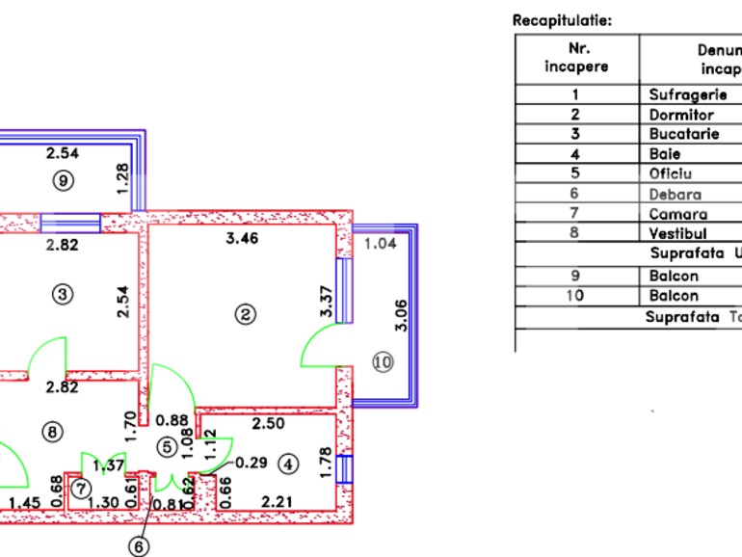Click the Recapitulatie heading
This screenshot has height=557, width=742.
pos(562,19)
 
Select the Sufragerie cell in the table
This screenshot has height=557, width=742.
pos(682,94)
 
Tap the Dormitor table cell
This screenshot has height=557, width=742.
pos(681,115)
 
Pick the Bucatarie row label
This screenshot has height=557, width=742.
pos(684,134)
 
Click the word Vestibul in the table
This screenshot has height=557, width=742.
pos(678,233)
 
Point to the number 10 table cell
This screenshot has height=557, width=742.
pos(575,296)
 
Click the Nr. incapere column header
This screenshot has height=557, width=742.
pos(576,58)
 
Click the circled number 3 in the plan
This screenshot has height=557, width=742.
pos(62,295)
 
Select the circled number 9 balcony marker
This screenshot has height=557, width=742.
pos(63,178)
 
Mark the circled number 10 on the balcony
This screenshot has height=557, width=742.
pos(383,361)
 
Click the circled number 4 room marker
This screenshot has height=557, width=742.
pos(289,464)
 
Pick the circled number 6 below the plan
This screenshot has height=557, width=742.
pos(141,545)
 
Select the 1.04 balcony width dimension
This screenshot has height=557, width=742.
pos(380,244)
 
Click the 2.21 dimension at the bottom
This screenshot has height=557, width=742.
pos(277,500)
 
